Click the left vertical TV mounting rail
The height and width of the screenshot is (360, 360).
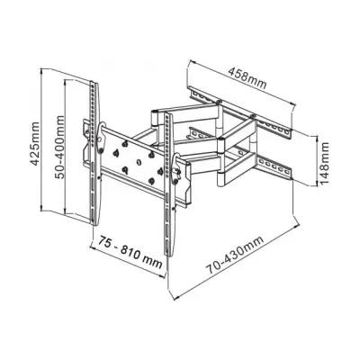[93, 162]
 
